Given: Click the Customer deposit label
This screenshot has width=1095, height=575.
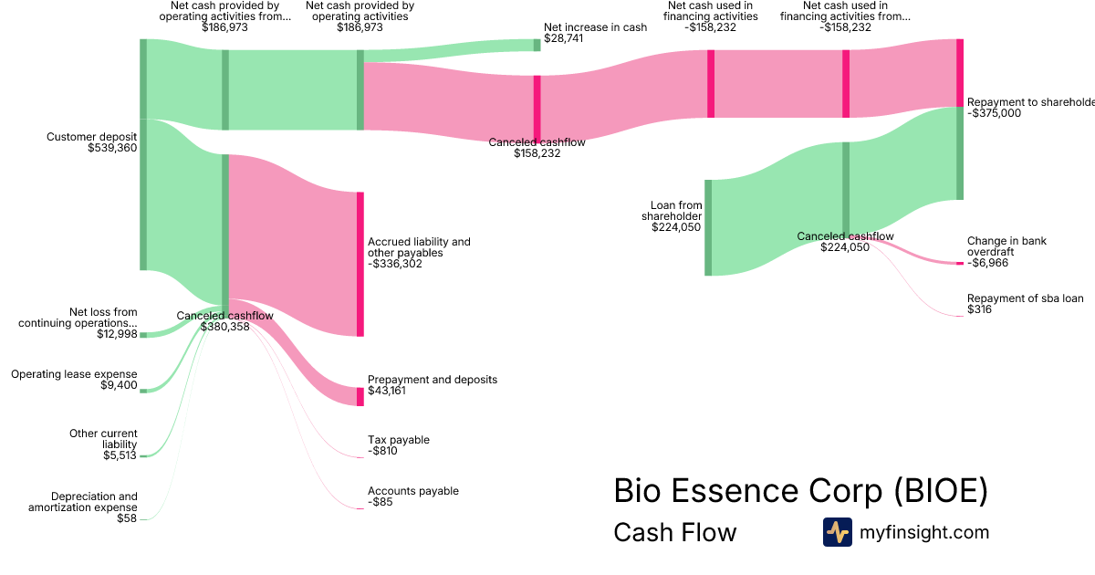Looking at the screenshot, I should point(92,137).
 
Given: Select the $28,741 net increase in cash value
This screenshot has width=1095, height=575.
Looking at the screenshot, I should point(565,39).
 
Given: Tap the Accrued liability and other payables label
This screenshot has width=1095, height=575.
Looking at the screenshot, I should point(419,247).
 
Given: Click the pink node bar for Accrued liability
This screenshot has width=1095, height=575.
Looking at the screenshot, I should point(360,264).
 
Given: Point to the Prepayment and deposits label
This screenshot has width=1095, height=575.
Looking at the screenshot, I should point(432,379).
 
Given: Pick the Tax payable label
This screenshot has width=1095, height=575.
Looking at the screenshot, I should point(398,440).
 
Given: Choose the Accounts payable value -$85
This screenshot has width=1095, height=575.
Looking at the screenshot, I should point(381,502).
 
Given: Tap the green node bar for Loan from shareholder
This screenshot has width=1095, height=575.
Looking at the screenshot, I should point(708,227).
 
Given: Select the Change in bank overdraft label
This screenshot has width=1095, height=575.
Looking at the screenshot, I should point(1006,246).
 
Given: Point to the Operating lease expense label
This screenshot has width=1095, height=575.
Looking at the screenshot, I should point(74,374).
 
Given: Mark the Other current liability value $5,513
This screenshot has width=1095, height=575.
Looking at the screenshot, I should point(120,455).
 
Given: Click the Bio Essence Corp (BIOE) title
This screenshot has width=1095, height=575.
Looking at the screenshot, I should point(800,491).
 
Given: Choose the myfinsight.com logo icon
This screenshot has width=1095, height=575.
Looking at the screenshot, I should point(837,532).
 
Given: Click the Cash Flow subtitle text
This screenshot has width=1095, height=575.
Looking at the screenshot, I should point(674,532).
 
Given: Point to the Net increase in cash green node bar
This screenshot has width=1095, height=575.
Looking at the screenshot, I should point(537,45).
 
